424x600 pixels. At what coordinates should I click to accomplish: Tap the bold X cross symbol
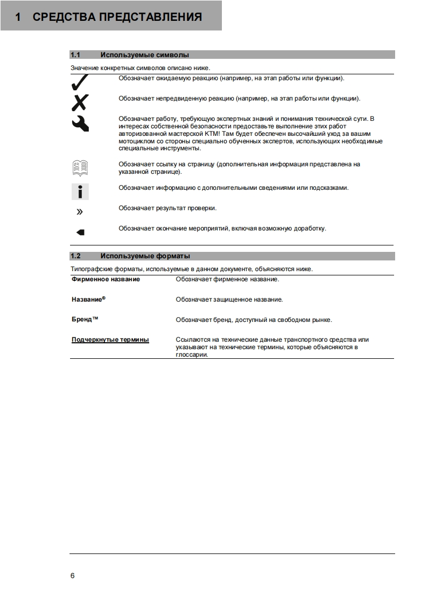(x=80, y=102)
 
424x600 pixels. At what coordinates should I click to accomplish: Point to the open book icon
(x=80, y=168)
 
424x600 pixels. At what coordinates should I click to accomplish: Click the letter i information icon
(x=80, y=191)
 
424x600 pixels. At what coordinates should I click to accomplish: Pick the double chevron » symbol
(x=80, y=212)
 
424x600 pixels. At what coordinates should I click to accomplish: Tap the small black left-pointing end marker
(x=80, y=232)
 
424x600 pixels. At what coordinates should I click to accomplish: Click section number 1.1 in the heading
(x=75, y=55)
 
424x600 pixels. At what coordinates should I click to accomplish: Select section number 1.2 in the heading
(x=75, y=256)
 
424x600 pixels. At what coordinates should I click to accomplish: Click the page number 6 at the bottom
(x=73, y=576)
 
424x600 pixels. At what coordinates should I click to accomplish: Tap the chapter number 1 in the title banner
(x=18, y=17)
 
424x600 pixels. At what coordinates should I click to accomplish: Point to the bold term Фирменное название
(x=106, y=279)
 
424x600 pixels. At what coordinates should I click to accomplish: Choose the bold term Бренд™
(x=85, y=319)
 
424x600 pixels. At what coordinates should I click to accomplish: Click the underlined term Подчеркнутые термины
(x=110, y=340)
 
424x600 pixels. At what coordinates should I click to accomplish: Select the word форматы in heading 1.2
(x=172, y=256)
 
